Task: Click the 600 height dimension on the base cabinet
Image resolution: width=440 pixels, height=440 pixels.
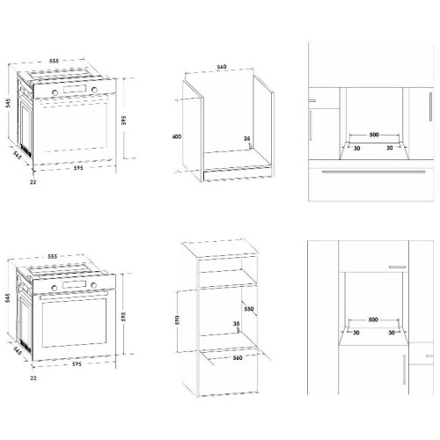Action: coord(177,136)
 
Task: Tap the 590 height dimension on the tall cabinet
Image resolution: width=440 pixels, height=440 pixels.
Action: coord(177,320)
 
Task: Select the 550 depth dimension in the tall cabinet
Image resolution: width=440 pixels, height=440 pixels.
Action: coord(249,309)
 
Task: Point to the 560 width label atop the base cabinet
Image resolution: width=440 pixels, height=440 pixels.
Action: coord(222,67)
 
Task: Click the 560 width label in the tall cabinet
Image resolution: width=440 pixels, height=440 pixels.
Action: coord(238,358)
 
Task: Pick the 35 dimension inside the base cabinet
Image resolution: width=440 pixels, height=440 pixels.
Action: coord(247,138)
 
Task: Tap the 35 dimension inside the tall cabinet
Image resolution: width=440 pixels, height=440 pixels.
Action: coord(236,324)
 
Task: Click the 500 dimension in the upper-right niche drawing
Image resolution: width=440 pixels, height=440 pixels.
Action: coord(374,135)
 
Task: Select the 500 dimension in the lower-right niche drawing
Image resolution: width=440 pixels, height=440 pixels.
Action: coord(373,319)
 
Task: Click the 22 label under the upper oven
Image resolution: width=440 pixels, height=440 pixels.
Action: coord(33,182)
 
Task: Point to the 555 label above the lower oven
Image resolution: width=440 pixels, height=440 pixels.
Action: coord(52,256)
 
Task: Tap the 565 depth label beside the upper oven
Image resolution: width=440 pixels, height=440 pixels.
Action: coord(18,155)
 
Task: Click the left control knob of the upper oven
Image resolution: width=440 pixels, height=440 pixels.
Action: coord(55,92)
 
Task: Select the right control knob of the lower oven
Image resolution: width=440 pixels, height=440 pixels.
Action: coord(94,285)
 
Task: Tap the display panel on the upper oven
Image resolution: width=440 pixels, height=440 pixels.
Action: coord(75,89)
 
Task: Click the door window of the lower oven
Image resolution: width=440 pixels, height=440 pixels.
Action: coord(74,323)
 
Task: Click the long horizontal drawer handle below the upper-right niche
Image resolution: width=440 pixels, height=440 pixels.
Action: coord(373,172)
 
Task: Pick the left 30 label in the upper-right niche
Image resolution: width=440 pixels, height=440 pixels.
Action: coord(356,148)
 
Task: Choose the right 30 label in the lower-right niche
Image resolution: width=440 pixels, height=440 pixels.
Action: coord(392,333)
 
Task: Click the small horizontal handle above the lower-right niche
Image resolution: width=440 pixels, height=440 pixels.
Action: coord(398,268)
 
